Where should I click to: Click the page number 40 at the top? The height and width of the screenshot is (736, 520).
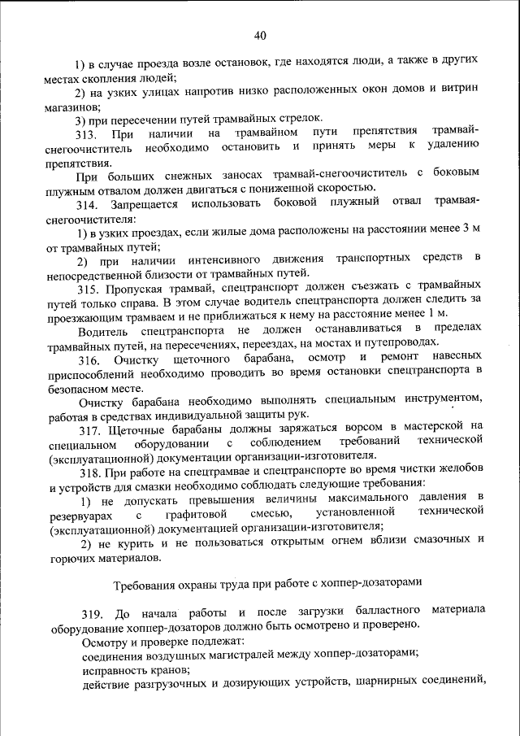(x=259, y=35)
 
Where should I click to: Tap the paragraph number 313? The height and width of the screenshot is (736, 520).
(x=85, y=133)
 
